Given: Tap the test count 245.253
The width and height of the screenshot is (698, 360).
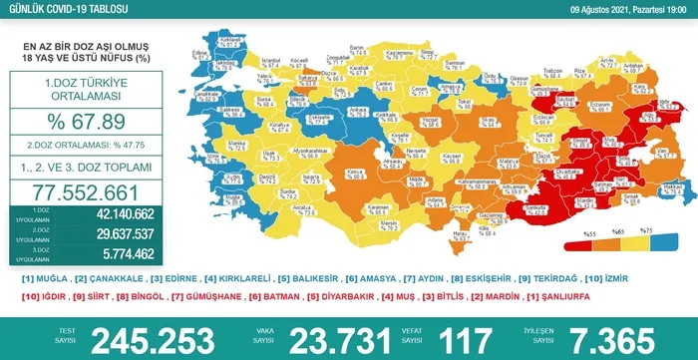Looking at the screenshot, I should point(154,337).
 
